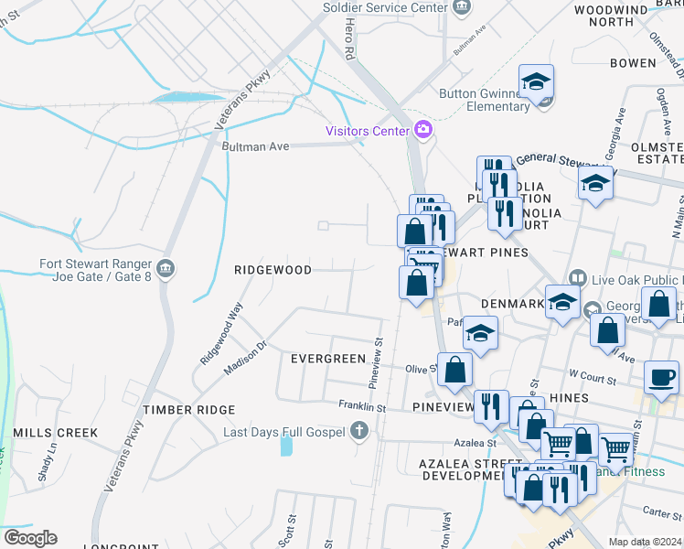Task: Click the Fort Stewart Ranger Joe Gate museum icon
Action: point(166,268)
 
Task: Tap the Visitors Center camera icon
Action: point(422,130)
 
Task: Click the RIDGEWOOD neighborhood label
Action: point(273,270)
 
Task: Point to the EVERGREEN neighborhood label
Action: point(327,359)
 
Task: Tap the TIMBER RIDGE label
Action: point(188,410)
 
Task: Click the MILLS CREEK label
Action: point(48,431)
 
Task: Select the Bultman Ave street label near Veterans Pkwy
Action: point(255,146)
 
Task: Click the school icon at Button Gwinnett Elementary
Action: point(537,82)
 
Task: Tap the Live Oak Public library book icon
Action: point(577,277)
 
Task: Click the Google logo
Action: point(30,538)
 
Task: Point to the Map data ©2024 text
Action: point(645,542)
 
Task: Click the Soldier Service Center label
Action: point(385,7)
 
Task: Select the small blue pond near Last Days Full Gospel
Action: point(287,446)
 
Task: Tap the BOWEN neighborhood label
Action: point(633,63)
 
